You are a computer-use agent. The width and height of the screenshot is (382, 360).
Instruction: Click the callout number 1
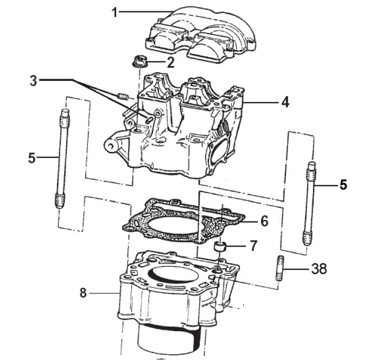coord(114,12)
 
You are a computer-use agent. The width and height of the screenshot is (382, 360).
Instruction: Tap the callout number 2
coord(170,62)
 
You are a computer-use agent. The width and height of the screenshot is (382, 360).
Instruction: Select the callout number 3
coord(34,81)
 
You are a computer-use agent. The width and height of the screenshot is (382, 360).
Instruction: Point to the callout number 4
coord(285,102)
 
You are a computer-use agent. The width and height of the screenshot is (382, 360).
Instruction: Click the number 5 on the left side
coord(31,158)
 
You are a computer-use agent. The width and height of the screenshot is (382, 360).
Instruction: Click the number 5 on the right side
coord(343,185)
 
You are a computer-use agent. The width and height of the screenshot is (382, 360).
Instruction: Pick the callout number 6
coord(264,221)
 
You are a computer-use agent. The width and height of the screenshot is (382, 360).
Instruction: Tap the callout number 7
coord(253,245)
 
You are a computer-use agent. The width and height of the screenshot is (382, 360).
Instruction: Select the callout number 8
coord(83,293)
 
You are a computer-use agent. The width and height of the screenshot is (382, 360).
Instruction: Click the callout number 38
coord(319,269)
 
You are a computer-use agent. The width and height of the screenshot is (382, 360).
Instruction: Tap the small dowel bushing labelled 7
coord(220,247)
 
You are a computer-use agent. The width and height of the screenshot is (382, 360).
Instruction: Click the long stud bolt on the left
coord(62,159)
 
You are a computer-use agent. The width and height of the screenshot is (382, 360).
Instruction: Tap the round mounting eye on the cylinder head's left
coord(111,146)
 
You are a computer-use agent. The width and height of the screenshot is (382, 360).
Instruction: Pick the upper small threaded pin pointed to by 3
coord(123,97)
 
